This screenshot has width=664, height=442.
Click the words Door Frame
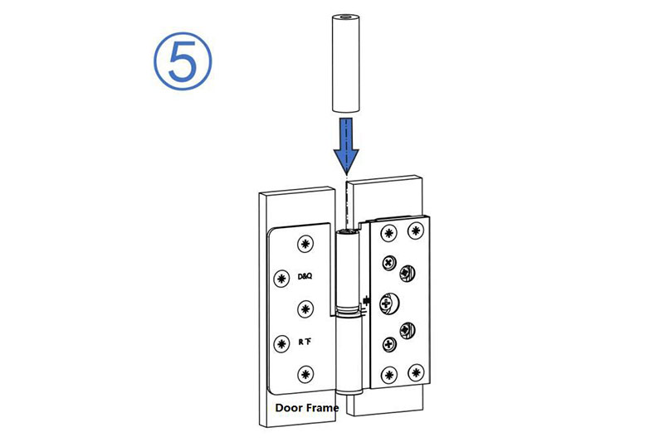click(x=310, y=408)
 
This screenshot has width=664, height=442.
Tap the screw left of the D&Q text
click(x=280, y=276)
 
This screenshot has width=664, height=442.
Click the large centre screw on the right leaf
click(x=388, y=304)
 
